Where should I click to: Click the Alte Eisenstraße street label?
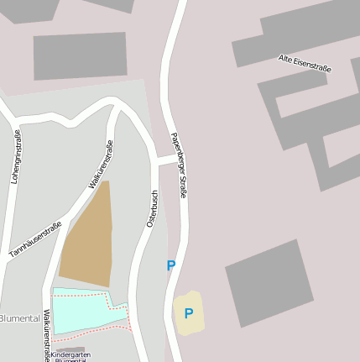[305, 63]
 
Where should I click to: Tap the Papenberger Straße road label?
[177, 165]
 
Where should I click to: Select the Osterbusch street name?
[152, 208]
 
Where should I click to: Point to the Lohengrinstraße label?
[16, 157]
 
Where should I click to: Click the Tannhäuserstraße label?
[34, 239]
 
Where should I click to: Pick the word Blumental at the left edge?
[18, 318]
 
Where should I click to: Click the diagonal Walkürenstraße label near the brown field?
[101, 165]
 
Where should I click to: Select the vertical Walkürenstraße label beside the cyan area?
[47, 335]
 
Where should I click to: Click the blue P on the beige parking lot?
[189, 314]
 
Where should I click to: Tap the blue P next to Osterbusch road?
[171, 265]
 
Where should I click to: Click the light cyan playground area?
[79, 309]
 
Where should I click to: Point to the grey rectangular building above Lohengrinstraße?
[81, 55]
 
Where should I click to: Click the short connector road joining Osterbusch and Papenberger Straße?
[167, 160]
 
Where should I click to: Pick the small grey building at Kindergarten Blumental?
[71, 349]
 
